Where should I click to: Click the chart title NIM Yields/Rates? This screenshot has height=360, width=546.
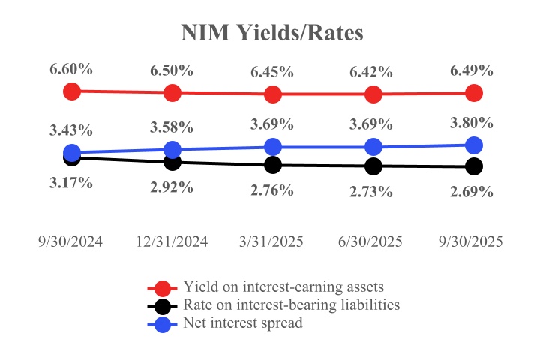272,34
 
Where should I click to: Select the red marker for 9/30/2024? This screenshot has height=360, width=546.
72,91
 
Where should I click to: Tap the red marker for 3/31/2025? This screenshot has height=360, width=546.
273,94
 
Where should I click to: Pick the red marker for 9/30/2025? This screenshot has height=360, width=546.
473,93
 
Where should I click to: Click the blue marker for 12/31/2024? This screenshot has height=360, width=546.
172,149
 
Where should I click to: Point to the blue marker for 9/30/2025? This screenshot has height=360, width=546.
473,144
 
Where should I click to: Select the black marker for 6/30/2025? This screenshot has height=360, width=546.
373,166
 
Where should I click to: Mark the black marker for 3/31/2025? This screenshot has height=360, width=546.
273,165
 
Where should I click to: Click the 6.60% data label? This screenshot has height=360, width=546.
71,69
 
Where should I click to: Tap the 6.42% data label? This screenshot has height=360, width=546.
373,72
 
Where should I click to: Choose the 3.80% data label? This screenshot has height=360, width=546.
472,123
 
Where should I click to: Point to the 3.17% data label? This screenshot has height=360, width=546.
71,182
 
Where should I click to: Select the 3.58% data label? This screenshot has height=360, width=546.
172,127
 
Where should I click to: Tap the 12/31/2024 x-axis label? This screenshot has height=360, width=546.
172,241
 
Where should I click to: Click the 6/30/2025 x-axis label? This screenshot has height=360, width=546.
373,241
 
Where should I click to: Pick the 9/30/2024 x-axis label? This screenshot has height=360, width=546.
71,241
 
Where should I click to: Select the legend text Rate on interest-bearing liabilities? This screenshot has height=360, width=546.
291,305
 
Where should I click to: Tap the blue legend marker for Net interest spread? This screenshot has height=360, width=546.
162,324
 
